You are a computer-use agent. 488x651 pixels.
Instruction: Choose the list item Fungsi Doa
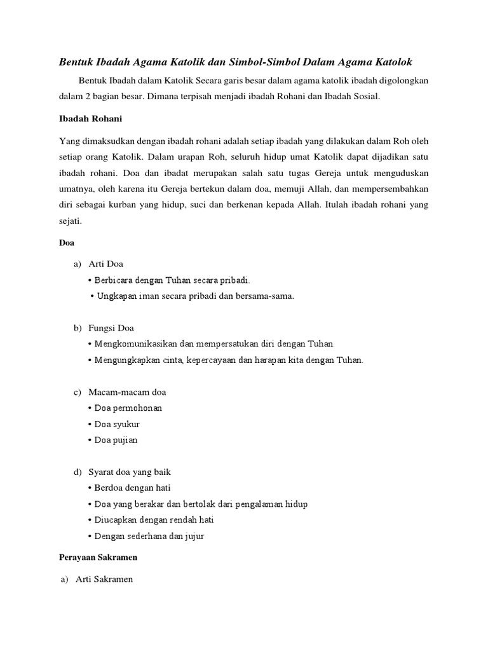click(112, 328)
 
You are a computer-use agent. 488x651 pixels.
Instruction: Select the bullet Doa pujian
click(116, 440)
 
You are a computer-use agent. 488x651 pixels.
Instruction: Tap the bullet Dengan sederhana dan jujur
click(149, 537)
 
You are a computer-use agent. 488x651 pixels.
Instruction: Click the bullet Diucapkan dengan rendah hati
click(154, 520)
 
